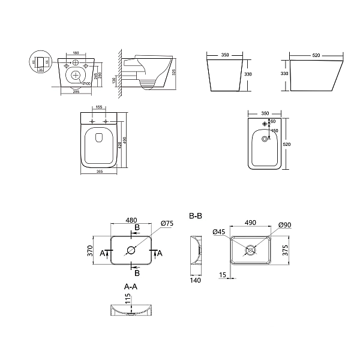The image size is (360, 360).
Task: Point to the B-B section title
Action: coord(195,215)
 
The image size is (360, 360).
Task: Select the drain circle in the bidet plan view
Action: coord(264,141)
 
